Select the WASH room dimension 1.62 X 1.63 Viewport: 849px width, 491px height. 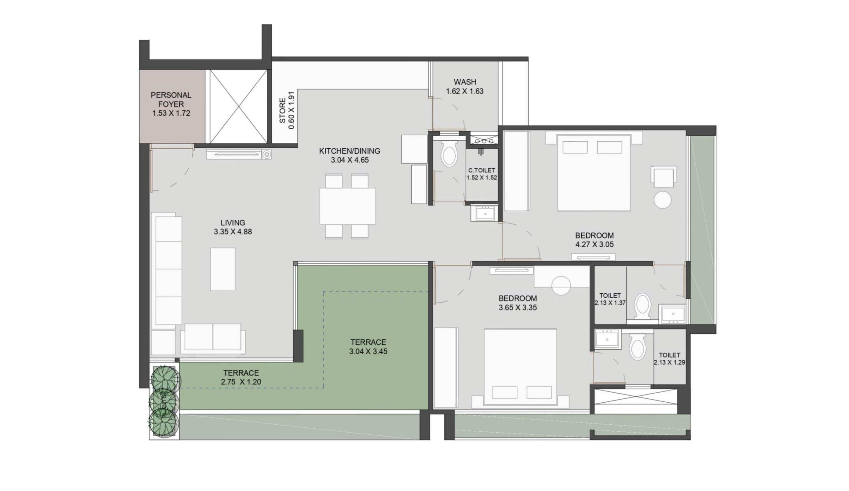tap(465, 91)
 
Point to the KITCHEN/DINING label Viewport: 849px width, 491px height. tap(349, 151)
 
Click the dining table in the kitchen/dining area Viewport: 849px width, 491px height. tap(348, 206)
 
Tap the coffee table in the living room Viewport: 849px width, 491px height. tap(223, 269)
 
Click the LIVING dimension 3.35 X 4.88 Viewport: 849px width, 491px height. tap(233, 232)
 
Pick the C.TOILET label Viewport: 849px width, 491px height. tap(482, 171)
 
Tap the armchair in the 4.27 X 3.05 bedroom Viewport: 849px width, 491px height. tap(663, 176)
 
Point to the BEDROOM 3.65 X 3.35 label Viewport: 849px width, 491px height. tap(518, 303)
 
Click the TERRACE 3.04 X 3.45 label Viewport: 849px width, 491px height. tap(368, 346)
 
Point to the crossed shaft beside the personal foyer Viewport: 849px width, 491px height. tap(238, 106)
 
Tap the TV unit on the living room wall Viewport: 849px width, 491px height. tap(239, 154)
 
